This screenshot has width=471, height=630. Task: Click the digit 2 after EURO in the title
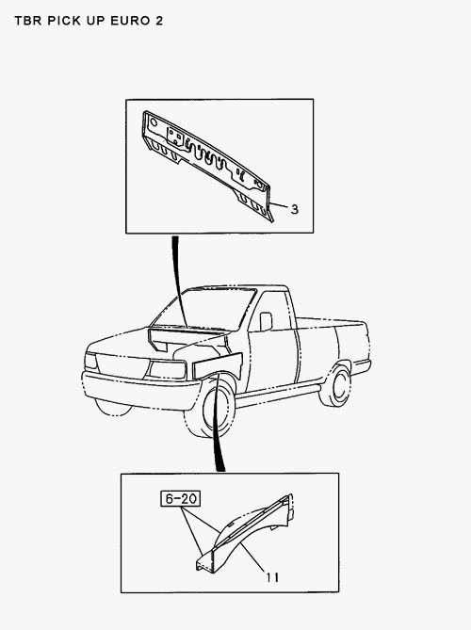[157, 20]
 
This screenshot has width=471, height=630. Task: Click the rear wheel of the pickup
[337, 386]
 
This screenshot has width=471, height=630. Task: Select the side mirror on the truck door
[266, 322]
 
